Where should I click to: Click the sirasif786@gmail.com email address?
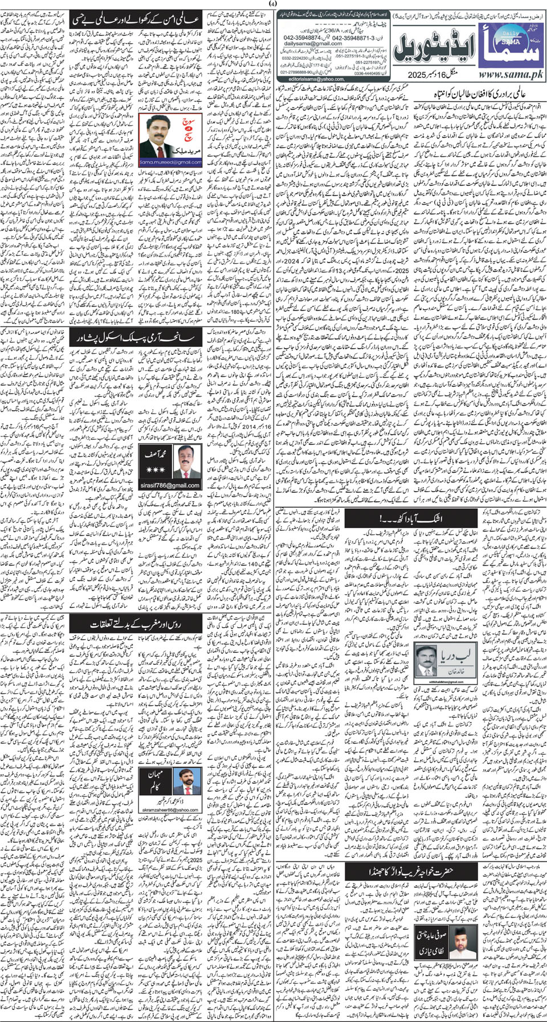[170, 485]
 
